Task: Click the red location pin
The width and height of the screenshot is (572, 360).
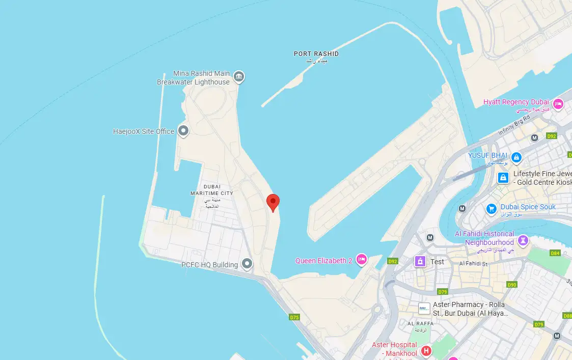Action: [x=273, y=202]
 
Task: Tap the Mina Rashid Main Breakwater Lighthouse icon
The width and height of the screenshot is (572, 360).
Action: [x=238, y=77]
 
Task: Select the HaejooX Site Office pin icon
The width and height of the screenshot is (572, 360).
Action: [x=183, y=131]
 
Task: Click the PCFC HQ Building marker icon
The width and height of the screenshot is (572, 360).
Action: [x=247, y=264]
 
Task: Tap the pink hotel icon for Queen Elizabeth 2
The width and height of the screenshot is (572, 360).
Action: [x=362, y=260]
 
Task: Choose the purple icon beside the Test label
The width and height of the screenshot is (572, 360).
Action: [x=420, y=261]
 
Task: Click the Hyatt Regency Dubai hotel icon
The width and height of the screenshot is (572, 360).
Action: [x=558, y=104]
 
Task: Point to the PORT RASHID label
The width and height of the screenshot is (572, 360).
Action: [x=316, y=53]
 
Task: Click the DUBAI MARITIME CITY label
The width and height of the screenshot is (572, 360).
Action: [x=211, y=190]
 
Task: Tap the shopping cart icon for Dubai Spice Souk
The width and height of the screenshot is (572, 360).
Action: [x=492, y=208]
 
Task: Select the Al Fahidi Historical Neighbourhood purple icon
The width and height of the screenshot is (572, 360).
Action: [x=523, y=239]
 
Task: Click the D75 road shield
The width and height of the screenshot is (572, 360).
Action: [x=294, y=317]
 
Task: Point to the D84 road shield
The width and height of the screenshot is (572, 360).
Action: [x=555, y=253]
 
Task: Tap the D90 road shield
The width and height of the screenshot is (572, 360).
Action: [x=512, y=284]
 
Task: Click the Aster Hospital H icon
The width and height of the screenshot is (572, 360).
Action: [x=426, y=351]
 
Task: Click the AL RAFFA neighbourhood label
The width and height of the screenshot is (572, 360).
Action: [x=421, y=323]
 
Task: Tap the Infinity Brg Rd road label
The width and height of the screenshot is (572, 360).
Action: [x=514, y=124]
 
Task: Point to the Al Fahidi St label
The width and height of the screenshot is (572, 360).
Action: [x=473, y=263]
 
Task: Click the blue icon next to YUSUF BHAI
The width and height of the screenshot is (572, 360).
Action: [x=516, y=157]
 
